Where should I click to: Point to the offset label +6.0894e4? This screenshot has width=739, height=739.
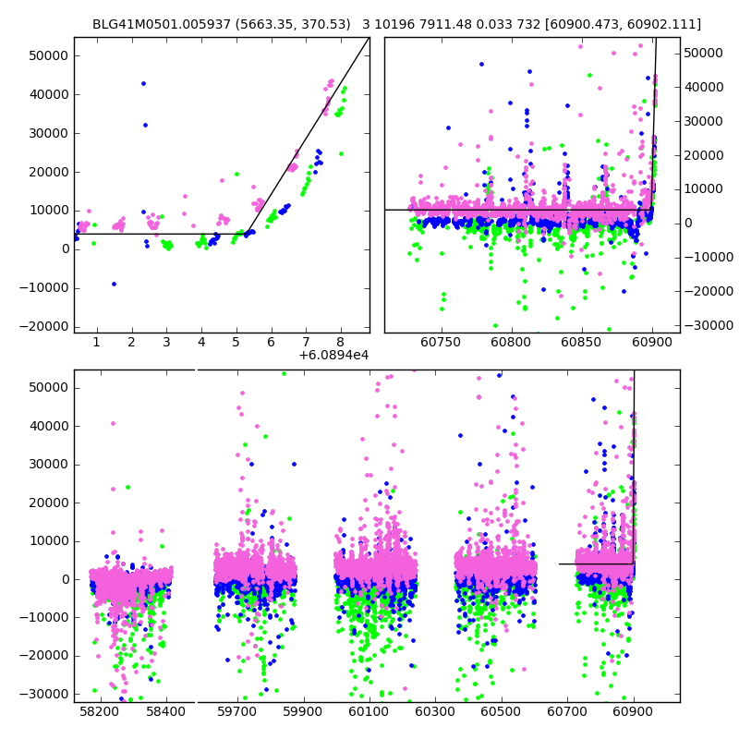pos(333,355)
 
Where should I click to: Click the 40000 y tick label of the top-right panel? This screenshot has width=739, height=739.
pos(704,87)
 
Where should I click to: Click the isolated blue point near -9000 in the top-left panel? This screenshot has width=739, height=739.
pos(114,284)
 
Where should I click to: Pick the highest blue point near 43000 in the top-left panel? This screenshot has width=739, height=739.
pos(143,83)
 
